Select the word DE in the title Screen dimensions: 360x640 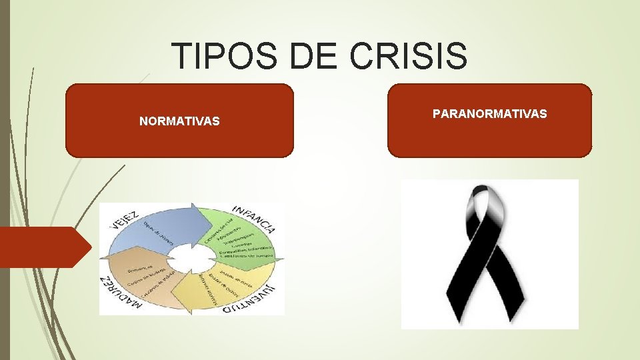314,56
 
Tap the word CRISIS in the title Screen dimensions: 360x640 407,56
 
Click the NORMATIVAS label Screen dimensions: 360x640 179,122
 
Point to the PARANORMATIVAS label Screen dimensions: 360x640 489,114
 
